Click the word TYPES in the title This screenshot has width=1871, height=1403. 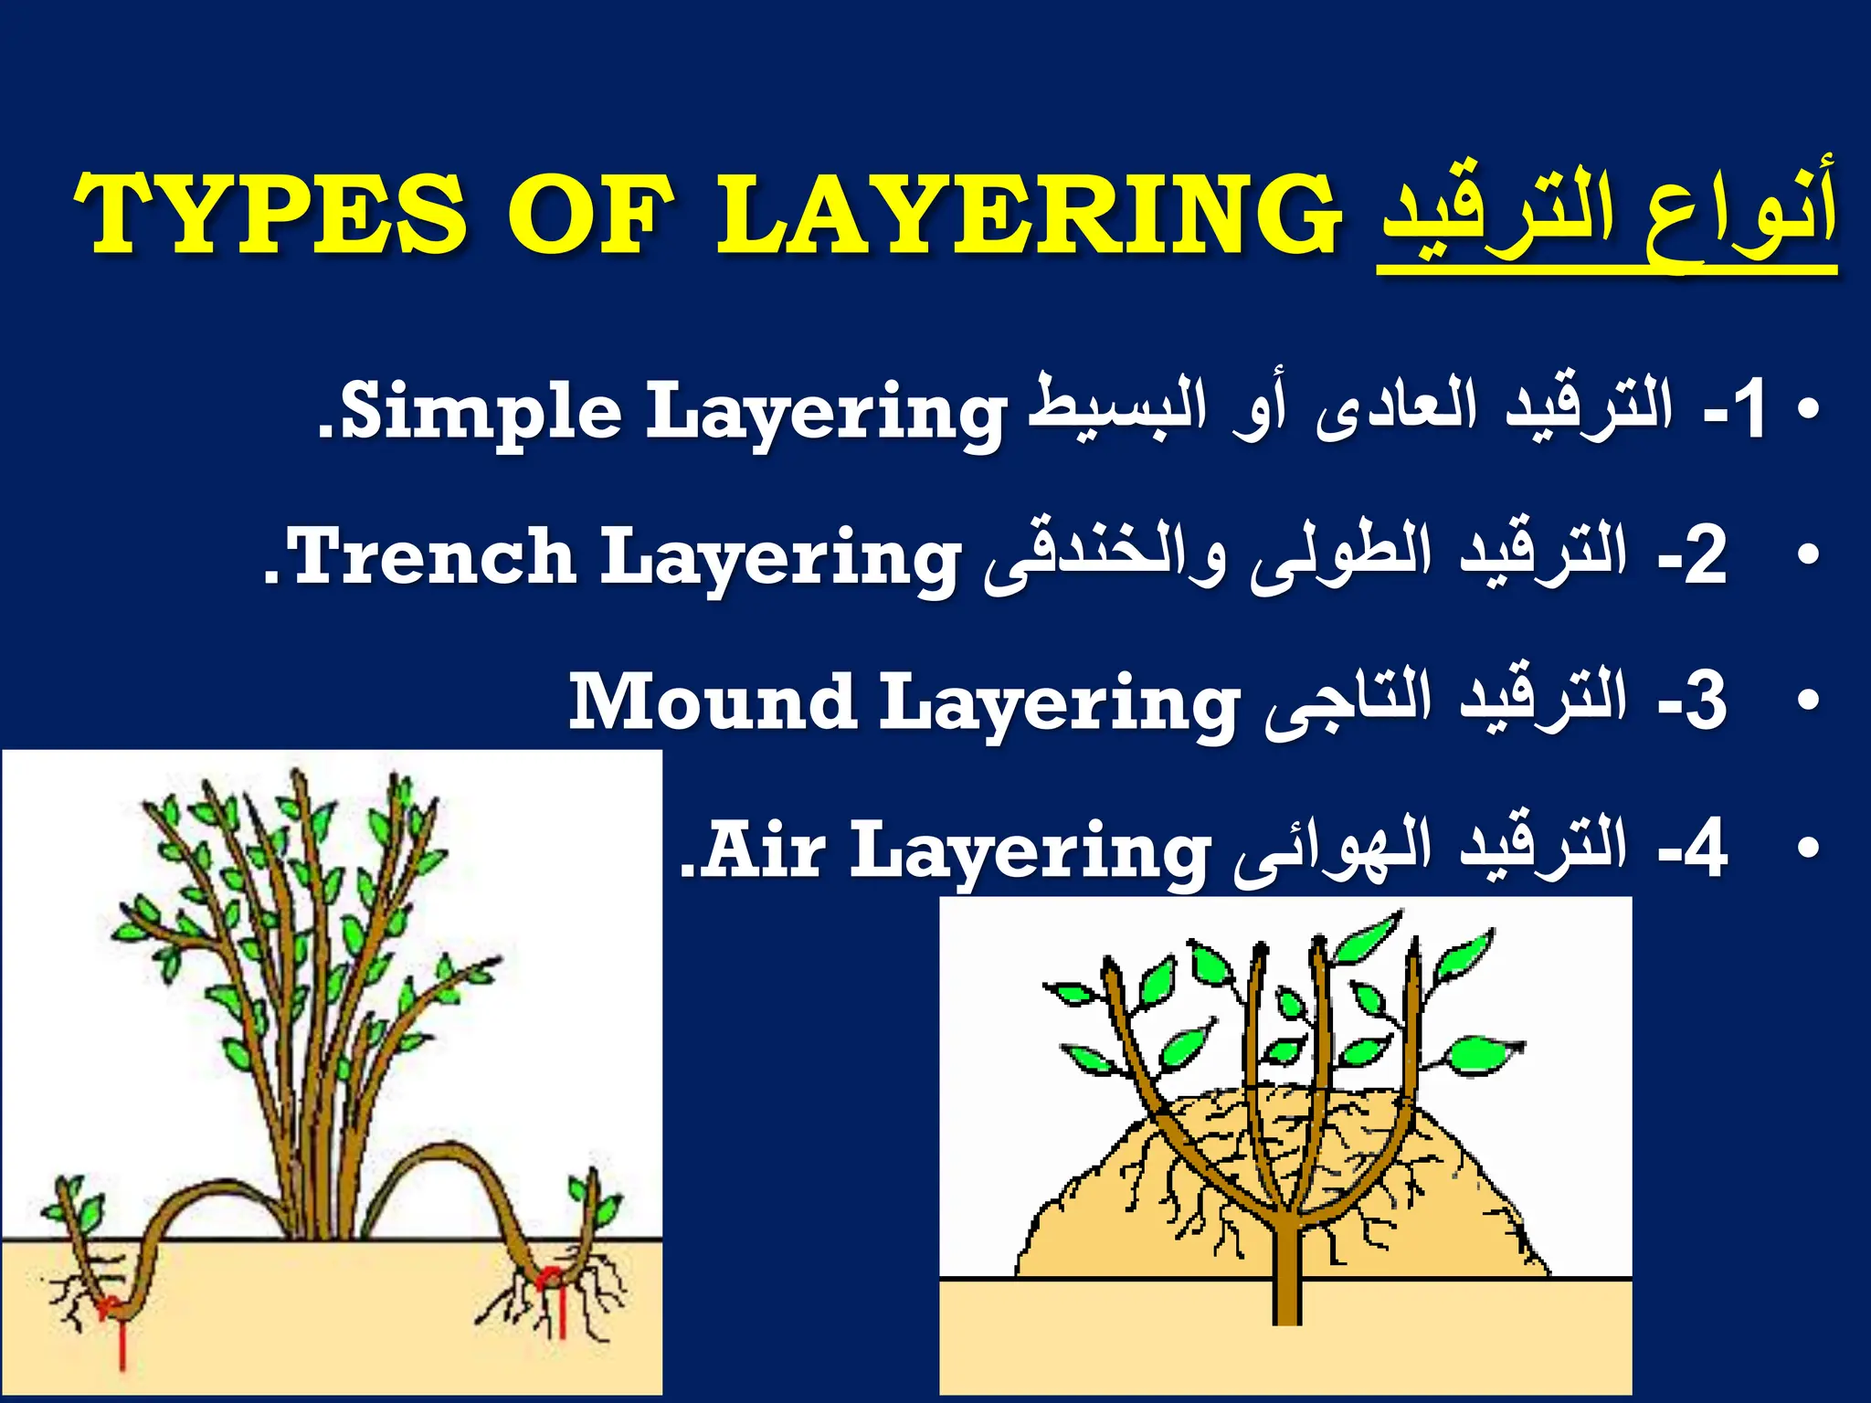tap(270, 215)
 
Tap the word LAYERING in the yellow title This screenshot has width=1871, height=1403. tap(1030, 215)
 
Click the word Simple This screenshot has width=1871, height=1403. tap(484, 411)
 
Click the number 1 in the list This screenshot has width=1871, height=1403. tap(1750, 411)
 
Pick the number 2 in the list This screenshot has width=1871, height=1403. tap(1705, 557)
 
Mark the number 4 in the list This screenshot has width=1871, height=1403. tap(1705, 849)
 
